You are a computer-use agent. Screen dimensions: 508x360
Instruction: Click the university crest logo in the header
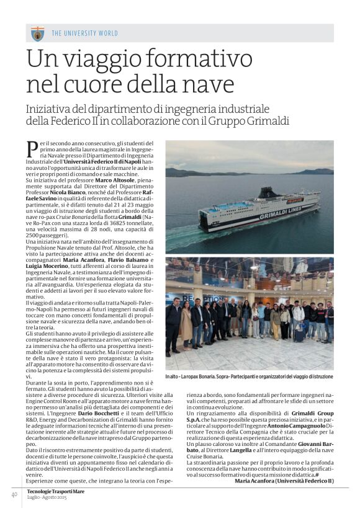pyautogui.click(x=37, y=33)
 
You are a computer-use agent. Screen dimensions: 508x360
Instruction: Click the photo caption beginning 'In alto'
pyautogui.click(x=248, y=377)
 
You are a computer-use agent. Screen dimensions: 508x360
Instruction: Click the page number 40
pyautogui.click(x=13, y=494)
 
